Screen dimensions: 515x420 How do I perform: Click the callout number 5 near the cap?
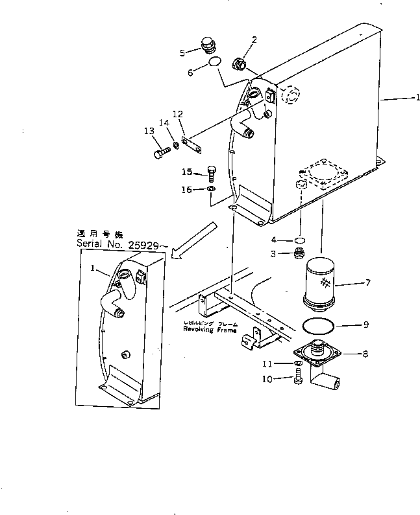tap(182, 52)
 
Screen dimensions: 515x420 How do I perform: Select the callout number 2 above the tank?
tap(254, 40)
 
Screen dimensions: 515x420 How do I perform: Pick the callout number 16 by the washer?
tap(186, 189)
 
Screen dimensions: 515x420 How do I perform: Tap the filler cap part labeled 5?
tap(208, 47)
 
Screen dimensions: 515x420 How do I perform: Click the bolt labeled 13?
tap(162, 154)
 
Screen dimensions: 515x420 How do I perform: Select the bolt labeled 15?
tap(211, 172)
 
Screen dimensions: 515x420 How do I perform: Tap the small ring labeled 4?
tap(299, 241)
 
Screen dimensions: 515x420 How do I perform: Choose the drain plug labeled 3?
tap(300, 253)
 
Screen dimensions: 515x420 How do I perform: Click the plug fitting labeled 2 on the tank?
tap(239, 64)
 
